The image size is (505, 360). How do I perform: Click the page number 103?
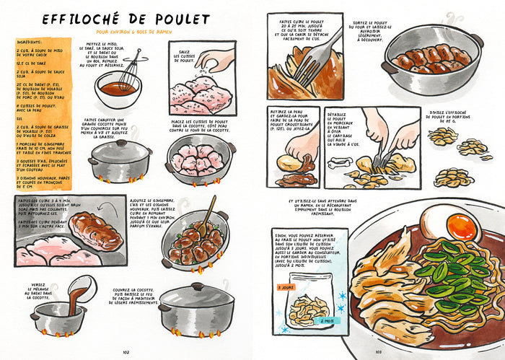[378, 352]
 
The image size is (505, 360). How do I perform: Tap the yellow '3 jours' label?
[286, 287]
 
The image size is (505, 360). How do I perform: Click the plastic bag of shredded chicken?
[309, 306]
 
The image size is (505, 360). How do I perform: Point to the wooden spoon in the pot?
[205, 216]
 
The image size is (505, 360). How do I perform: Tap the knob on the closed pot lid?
[118, 144]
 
